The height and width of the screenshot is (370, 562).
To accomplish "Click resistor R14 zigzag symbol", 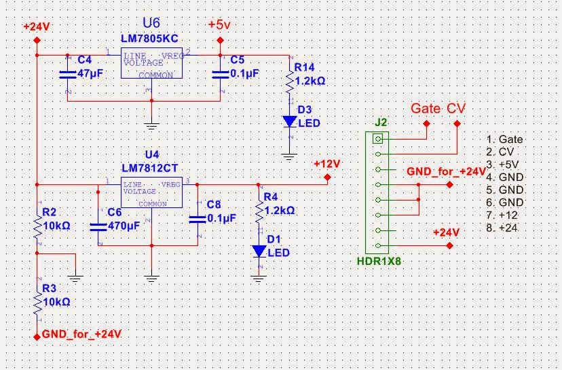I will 290,81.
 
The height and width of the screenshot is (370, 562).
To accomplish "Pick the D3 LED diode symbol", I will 290,121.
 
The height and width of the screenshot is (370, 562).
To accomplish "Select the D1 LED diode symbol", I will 259,251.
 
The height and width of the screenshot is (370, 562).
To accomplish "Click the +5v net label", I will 219,24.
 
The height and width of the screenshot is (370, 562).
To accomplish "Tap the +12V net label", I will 326,164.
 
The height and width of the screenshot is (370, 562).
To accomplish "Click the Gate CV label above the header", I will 438,109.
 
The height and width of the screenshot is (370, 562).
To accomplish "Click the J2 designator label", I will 381,123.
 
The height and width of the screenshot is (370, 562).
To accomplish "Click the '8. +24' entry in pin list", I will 502,228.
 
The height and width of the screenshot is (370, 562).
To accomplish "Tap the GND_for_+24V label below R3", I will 81,334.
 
